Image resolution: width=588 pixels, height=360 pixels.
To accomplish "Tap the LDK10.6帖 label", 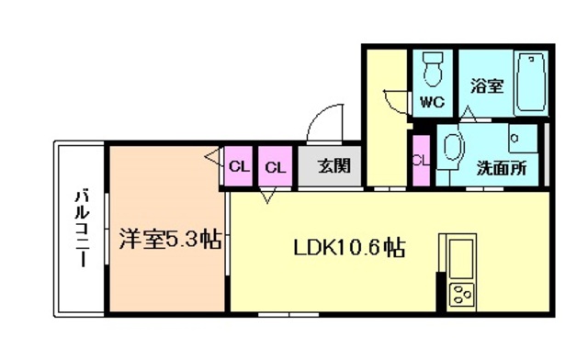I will [x=350, y=247].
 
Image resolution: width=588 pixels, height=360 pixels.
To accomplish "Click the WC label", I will [x=432, y=102].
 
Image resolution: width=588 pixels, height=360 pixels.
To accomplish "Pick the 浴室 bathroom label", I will [x=487, y=86].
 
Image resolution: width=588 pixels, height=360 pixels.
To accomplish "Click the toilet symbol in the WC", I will [x=432, y=68].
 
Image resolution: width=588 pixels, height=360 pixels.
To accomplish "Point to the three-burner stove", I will [x=460, y=297].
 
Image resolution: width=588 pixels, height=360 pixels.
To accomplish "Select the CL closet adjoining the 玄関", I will [x=275, y=167].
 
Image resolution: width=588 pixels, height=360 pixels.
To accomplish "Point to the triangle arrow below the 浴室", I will [x=469, y=114].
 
